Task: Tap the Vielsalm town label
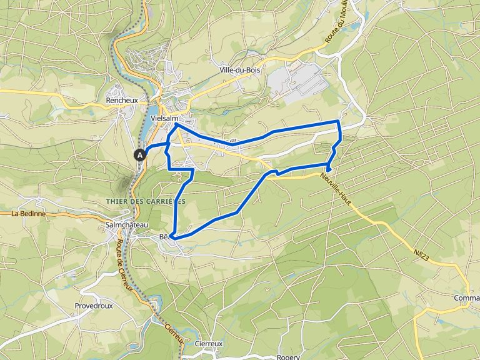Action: coord(165,118)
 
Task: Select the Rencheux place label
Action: coord(121,100)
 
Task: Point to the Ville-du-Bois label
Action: coord(240,70)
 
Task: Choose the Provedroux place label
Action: coord(93,306)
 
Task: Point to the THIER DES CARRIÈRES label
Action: coord(142,201)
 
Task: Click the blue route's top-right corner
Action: coord(338,121)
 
